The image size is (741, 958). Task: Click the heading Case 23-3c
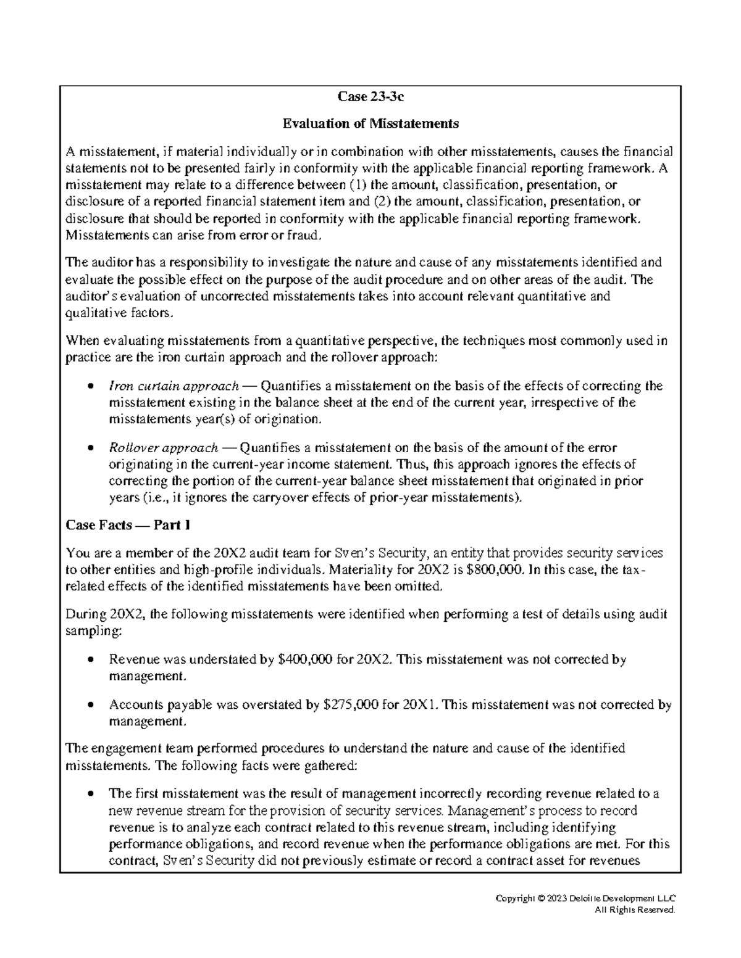pyautogui.click(x=371, y=97)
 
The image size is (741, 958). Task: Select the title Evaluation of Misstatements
pyautogui.click(x=371, y=123)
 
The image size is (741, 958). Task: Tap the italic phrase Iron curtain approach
pyautogui.click(x=174, y=386)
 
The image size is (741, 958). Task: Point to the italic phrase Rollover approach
pyautogui.click(x=163, y=448)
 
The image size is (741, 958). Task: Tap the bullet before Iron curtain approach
pyautogui.click(x=91, y=387)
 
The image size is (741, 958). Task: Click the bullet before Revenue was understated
pyautogui.click(x=91, y=660)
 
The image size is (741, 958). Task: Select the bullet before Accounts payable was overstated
pyautogui.click(x=91, y=705)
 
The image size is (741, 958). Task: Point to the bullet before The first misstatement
pyautogui.click(x=91, y=794)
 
